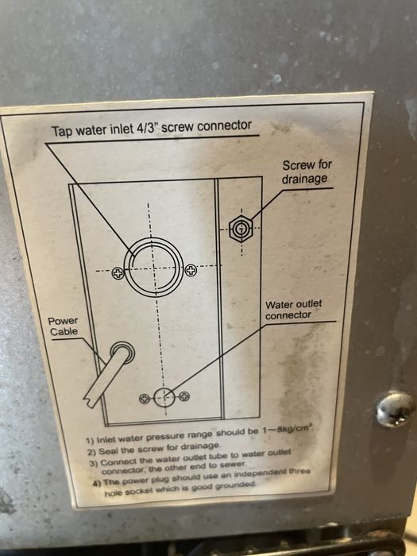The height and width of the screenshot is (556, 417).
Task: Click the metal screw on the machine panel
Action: (395, 408)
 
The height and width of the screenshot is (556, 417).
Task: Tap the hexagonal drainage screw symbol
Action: (241, 229)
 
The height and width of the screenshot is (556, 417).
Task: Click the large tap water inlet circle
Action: (154, 268)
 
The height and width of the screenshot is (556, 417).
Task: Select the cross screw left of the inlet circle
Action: (118, 273)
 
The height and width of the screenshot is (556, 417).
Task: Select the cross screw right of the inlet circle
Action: (191, 271)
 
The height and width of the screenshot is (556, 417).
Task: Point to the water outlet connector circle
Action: (164, 397)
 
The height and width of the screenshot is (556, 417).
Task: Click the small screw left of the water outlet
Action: (145, 399)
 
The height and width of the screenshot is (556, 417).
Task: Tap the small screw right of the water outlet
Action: (184, 396)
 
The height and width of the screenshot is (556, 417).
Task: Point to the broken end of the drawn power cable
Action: (90, 401)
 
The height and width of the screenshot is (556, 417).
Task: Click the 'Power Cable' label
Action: (63, 326)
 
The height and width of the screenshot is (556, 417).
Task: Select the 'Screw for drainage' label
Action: (307, 172)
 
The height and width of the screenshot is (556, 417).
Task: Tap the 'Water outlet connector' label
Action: (293, 310)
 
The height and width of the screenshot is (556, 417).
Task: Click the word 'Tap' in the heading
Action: (60, 131)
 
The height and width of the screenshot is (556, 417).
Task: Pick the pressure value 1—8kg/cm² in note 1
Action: (288, 431)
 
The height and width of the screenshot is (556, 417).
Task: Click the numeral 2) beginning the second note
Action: (92, 453)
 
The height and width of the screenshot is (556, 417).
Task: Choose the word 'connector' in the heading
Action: (224, 125)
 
